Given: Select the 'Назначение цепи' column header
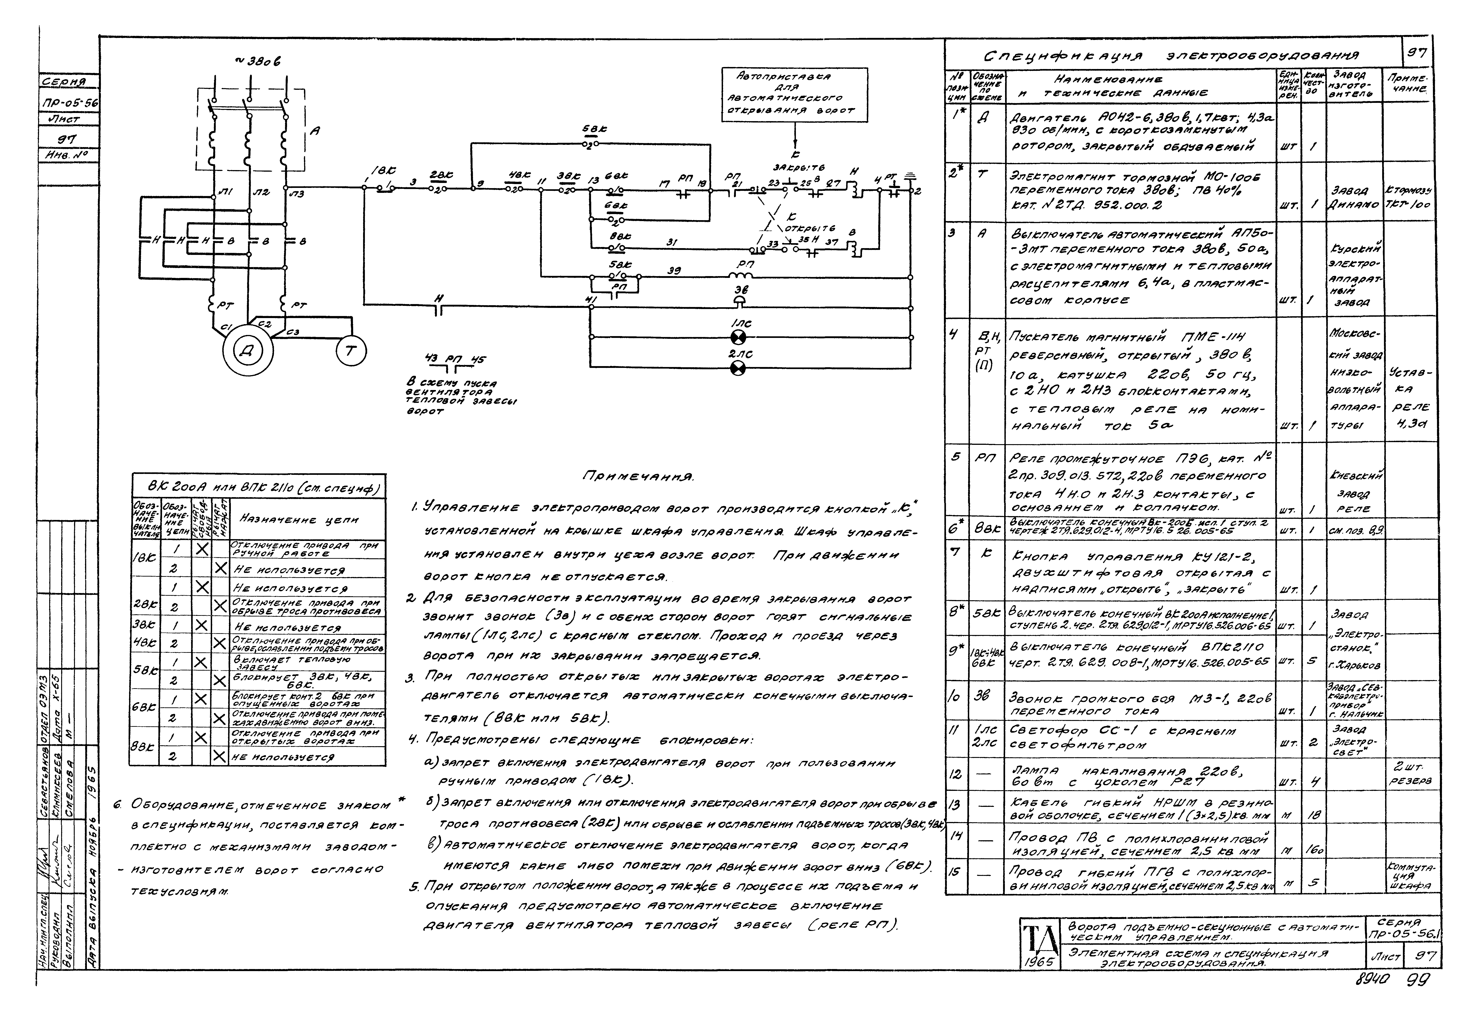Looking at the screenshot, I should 299,520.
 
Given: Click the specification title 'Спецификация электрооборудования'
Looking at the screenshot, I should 1171,57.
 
